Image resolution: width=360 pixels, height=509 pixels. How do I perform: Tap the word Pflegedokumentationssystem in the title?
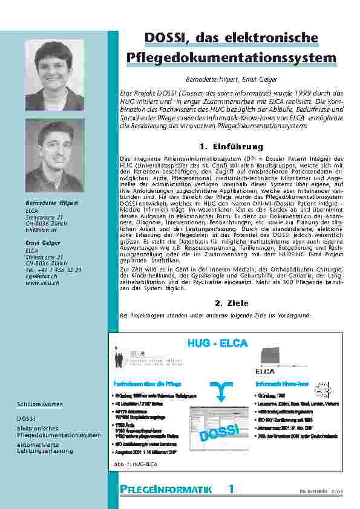(x=232, y=58)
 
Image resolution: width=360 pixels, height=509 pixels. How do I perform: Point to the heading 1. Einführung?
(x=231, y=147)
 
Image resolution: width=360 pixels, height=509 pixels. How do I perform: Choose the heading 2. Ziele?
(x=231, y=303)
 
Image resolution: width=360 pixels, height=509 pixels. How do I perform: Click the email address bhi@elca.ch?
(x=40, y=230)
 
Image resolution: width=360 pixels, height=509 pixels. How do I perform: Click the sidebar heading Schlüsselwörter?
(x=39, y=404)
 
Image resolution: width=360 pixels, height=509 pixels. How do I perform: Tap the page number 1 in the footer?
(x=231, y=489)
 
